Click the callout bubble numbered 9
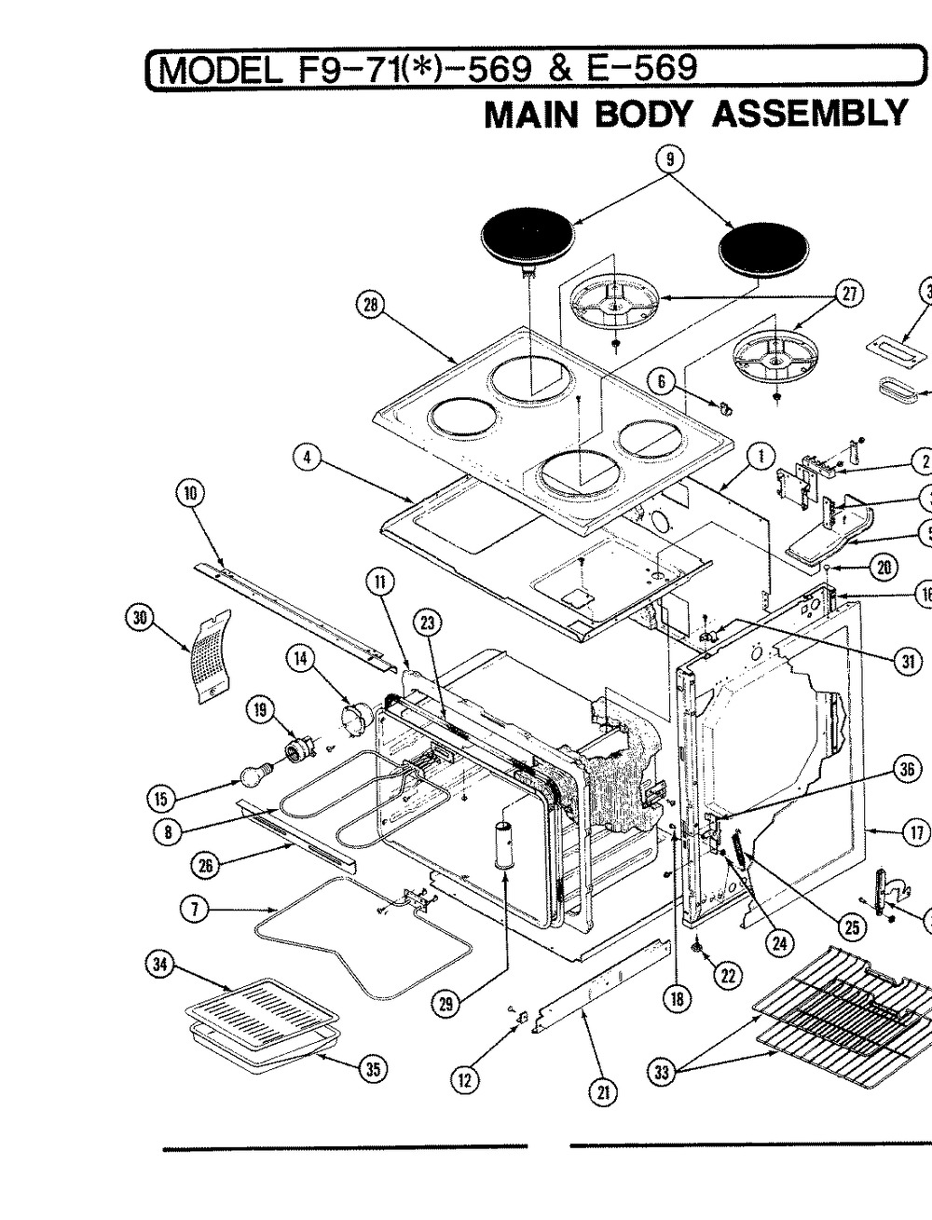(669, 158)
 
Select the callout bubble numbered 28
(371, 305)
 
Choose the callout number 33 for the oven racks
(663, 1073)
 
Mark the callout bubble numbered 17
(916, 832)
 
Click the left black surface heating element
(529, 240)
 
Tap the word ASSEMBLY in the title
(809, 113)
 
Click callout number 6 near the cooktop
(661, 381)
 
